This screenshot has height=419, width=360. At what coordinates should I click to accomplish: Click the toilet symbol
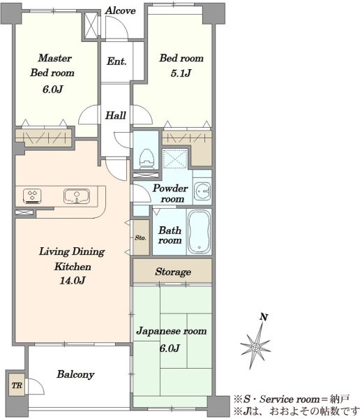click(147, 159)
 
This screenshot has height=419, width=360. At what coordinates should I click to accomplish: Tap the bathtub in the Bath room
click(199, 232)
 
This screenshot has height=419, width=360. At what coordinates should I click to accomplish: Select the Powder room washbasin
click(202, 191)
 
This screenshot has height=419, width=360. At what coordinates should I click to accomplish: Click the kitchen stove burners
click(32, 196)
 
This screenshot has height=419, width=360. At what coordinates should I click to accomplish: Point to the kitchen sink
click(77, 196)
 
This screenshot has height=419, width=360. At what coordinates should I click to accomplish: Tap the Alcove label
click(120, 10)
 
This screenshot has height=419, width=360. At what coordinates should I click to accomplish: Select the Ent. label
click(117, 61)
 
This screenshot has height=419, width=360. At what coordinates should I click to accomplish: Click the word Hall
click(115, 115)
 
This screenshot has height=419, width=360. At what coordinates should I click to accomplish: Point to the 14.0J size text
click(72, 281)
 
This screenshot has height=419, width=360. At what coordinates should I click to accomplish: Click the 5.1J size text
click(181, 73)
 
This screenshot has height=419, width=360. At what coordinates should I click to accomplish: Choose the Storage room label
click(173, 272)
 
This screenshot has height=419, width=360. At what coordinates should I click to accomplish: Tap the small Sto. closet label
click(140, 237)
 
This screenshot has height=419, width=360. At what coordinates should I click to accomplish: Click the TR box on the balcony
click(17, 385)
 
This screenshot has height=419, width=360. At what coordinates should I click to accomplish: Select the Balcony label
click(75, 374)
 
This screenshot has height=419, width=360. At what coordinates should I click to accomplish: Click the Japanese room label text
click(172, 331)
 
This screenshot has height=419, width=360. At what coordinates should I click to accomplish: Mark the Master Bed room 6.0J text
click(52, 89)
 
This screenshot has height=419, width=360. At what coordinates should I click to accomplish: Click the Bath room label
click(170, 235)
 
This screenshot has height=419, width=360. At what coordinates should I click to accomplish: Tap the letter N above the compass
click(264, 317)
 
